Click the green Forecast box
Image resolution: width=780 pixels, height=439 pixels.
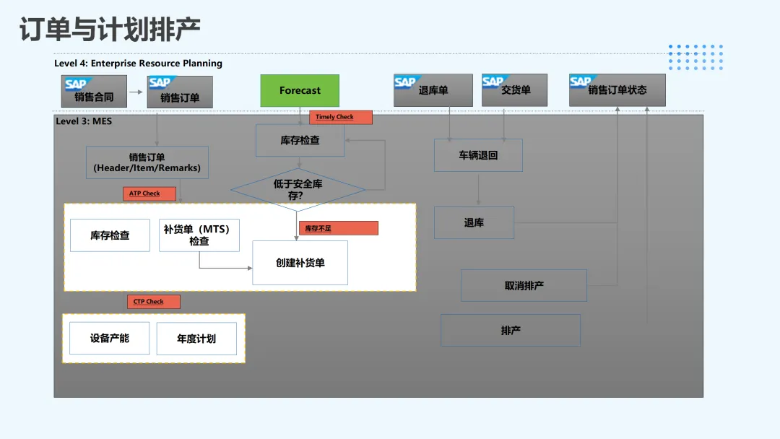300,91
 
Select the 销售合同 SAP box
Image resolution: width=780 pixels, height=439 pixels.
94,92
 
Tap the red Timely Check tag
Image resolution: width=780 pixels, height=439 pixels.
341,117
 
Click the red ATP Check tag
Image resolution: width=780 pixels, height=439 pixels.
150,194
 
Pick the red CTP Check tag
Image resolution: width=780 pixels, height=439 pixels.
153,302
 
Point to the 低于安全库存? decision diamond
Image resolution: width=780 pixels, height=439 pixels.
298,190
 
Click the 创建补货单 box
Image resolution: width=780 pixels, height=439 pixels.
300,263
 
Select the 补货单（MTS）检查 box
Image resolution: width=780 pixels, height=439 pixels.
199,235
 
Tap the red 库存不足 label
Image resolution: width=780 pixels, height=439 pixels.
338,228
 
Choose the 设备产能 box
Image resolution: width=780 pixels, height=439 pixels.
110,338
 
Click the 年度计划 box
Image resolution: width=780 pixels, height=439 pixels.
196,339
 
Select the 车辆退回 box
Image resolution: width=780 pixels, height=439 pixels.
478,155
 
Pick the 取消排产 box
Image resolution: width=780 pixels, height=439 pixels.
524,286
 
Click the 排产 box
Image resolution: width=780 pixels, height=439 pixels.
511,330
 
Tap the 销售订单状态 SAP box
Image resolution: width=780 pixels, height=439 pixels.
617,90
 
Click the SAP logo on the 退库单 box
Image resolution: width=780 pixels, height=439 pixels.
405,82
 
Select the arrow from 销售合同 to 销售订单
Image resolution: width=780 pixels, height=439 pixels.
135,92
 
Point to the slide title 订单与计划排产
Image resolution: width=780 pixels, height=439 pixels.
110,30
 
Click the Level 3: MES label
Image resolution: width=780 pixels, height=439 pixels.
84,121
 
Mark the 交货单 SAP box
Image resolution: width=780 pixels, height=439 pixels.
515,90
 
